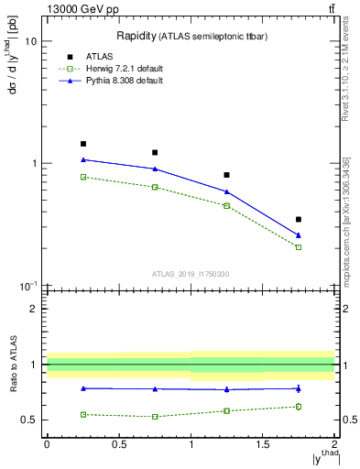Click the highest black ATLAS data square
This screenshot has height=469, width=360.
83,144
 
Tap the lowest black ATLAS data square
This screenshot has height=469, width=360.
299,220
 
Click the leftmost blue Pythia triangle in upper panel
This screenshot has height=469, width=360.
83,159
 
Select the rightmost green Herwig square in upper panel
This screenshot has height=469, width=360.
299,247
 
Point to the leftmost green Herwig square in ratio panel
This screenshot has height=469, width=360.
83,414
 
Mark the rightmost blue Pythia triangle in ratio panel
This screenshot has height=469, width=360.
299,388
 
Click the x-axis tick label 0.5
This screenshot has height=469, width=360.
118,444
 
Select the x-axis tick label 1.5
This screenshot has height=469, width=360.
263,444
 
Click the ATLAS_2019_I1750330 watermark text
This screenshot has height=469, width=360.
190,274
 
